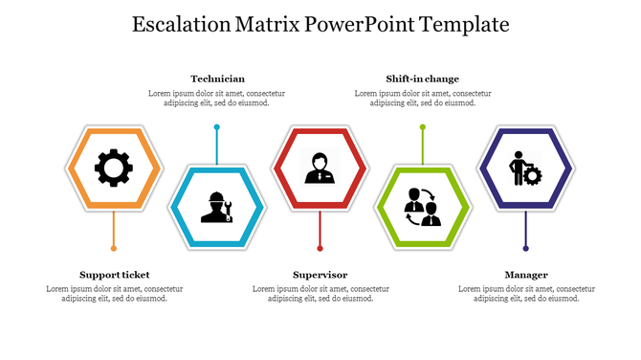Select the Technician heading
point(217,79)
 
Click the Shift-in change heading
point(422,79)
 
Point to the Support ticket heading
point(114,275)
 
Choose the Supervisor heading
point(320,275)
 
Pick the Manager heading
point(526,275)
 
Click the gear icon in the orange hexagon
point(113,169)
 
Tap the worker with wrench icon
point(217,206)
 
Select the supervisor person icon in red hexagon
point(320,169)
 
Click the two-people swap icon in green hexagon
point(422,206)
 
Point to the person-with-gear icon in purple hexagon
point(525,169)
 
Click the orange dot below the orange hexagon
point(114,250)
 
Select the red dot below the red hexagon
point(320,250)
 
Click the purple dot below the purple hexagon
point(525,250)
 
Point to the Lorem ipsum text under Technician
point(217,98)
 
